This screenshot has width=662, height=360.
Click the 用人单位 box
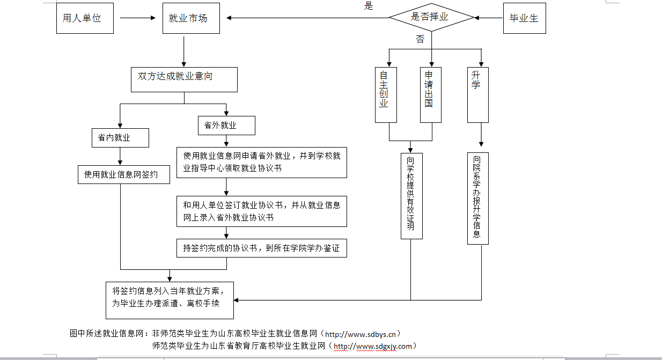(x=85, y=18)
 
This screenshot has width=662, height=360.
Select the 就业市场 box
(x=190, y=18)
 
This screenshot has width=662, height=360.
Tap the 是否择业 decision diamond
(x=431, y=17)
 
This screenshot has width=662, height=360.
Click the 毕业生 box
(x=524, y=18)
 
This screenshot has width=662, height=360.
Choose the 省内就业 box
(x=120, y=138)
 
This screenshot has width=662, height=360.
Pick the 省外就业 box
(x=226, y=126)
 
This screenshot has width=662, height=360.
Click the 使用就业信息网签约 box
(x=123, y=174)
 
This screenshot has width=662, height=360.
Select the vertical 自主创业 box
(x=385, y=94)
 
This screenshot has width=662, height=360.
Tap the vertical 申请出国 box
(x=431, y=94)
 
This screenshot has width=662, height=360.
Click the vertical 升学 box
(x=477, y=94)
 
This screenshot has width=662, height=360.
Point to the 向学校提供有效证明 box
(x=411, y=195)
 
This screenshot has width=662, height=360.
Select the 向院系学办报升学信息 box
(x=477, y=198)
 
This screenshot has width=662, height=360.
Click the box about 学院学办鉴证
(x=262, y=248)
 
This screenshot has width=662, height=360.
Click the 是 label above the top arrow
(x=369, y=6)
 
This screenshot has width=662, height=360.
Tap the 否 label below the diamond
(x=420, y=39)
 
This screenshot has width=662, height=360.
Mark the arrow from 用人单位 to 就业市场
(x=137, y=18)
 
